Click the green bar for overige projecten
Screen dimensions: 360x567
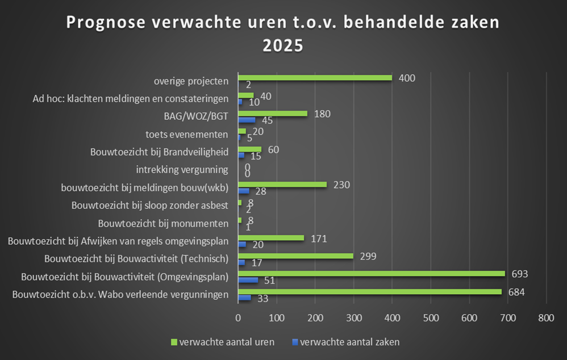point(315,78)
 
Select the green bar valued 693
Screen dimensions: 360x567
point(371,274)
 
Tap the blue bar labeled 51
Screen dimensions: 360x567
point(248,280)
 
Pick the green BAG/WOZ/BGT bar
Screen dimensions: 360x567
point(272,114)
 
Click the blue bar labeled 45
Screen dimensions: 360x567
point(246,120)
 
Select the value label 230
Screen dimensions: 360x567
point(341,185)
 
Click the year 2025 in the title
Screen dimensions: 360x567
point(283,45)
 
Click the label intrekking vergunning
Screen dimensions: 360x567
point(182,170)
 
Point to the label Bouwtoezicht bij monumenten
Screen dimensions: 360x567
point(163,223)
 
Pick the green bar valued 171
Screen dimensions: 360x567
point(270,238)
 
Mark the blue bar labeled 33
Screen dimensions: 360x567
point(244,298)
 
